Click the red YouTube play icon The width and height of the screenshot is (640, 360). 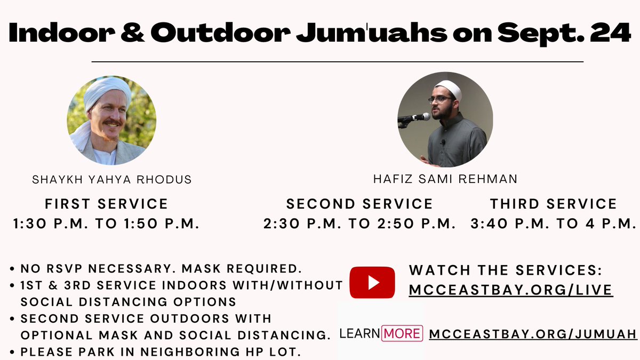[x=372, y=282]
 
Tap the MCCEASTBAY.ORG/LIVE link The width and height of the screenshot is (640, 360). [x=510, y=290]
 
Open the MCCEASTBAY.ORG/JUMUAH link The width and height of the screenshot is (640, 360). [x=533, y=334]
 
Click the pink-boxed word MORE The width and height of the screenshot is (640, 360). [x=402, y=334]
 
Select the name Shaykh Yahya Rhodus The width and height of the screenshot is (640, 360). [x=111, y=180]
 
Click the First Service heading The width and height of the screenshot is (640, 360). [x=107, y=204]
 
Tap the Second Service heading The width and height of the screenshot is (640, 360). [x=359, y=204]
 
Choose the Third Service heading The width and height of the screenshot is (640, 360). [x=554, y=204]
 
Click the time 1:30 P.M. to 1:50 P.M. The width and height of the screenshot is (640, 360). [x=107, y=224]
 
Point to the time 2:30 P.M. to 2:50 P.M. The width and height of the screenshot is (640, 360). [x=359, y=224]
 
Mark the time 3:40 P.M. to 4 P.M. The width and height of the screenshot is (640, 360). [x=554, y=224]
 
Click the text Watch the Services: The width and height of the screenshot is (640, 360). [x=505, y=270]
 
